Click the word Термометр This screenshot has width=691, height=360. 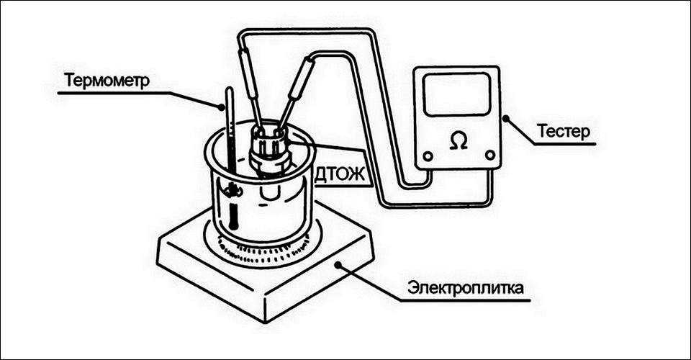click(106, 79)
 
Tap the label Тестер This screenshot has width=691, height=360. click(563, 132)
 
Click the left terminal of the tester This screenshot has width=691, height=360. click(428, 156)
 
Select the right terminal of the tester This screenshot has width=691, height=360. click(489, 154)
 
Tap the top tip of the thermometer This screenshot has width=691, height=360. click(229, 89)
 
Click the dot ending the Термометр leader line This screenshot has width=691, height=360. click(222, 109)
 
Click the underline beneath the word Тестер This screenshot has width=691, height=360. click(565, 144)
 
